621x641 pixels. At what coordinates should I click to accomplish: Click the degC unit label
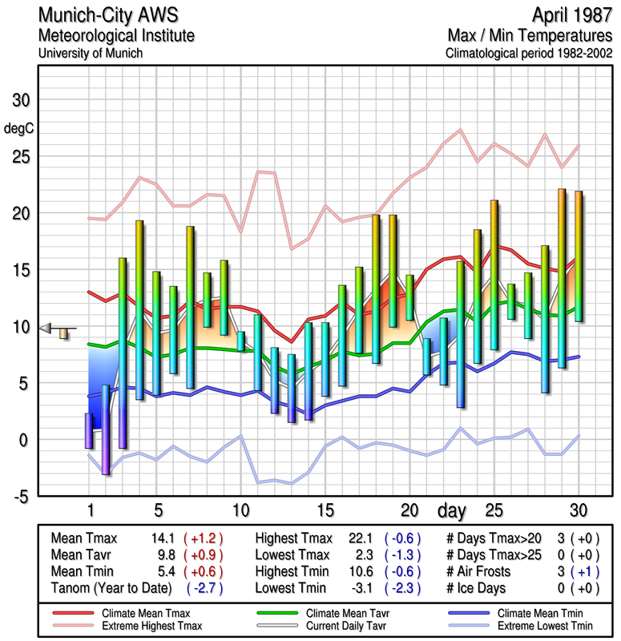tap(19, 128)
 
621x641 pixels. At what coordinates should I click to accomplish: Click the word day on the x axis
tap(454, 510)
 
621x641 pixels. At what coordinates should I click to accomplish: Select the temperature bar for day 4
tap(139, 309)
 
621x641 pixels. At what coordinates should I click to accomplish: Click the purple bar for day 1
tap(89, 430)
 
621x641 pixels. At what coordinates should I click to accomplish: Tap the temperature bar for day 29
tap(562, 278)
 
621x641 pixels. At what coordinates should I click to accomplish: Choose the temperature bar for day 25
tap(494, 274)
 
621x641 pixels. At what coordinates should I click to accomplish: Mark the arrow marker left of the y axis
tap(46, 328)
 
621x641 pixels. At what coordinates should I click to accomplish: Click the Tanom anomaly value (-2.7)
tap(204, 588)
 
